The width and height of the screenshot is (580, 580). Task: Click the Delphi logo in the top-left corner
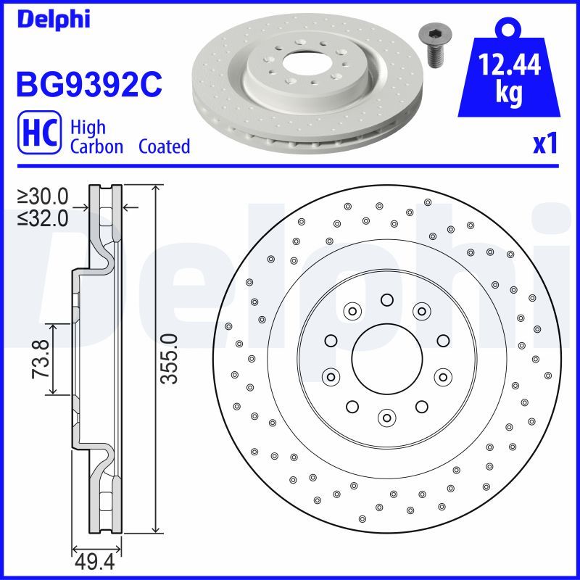52,20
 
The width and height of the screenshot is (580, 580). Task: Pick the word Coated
164,146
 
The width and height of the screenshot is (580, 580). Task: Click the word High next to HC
88,128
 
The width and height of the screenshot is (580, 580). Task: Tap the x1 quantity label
544,144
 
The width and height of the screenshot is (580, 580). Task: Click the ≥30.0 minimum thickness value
43,196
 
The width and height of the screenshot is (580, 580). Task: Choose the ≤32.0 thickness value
43,217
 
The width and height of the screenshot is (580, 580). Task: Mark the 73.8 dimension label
41,359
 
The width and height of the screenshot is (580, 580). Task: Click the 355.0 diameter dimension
167,359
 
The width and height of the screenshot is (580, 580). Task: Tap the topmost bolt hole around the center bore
386,300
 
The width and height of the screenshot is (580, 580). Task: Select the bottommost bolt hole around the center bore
386,416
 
